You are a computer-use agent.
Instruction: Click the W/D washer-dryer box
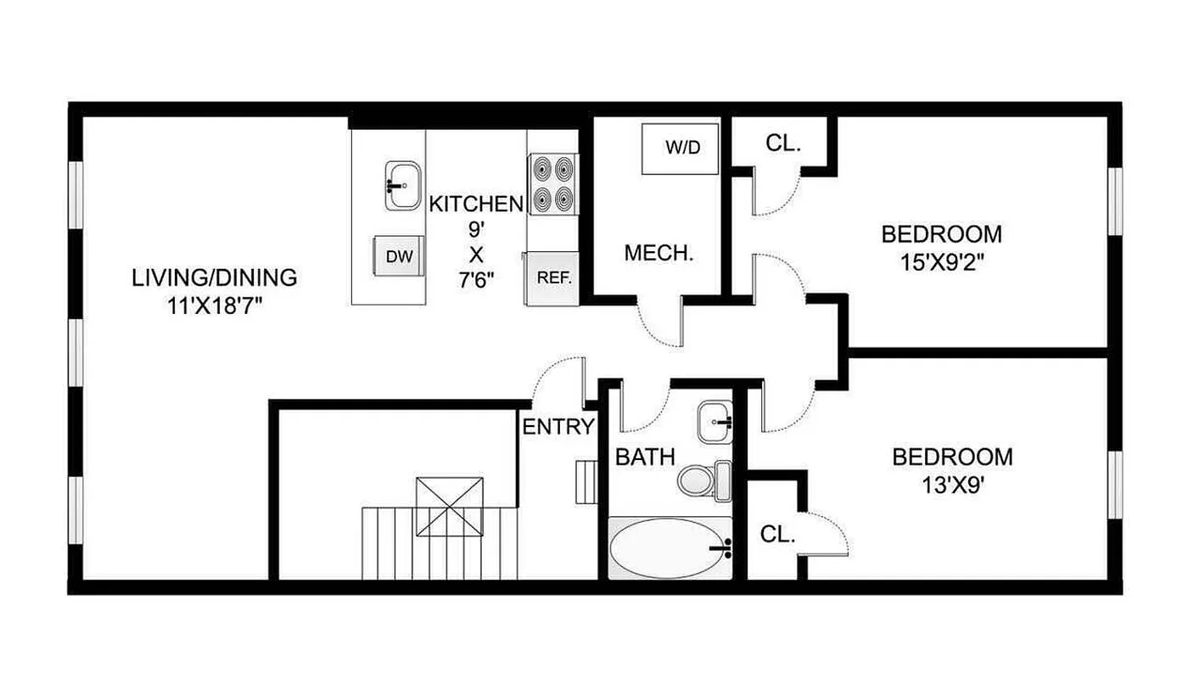(682, 149)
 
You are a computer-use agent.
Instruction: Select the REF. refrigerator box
(553, 278)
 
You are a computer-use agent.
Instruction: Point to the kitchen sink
(403, 184)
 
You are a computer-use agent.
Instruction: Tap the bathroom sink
(715, 422)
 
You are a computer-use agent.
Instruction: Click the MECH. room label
(659, 252)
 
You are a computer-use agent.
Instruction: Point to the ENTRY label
(558, 426)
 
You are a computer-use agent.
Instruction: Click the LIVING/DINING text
(215, 278)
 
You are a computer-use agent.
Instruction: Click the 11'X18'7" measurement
(215, 306)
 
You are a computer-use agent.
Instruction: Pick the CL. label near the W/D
(783, 144)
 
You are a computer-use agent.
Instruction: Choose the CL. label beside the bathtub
(777, 534)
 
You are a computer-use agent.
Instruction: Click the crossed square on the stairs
(449, 506)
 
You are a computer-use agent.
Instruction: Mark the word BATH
(645, 457)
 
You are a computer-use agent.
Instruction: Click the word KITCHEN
(476, 204)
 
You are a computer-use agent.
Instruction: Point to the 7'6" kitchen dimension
(476, 280)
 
